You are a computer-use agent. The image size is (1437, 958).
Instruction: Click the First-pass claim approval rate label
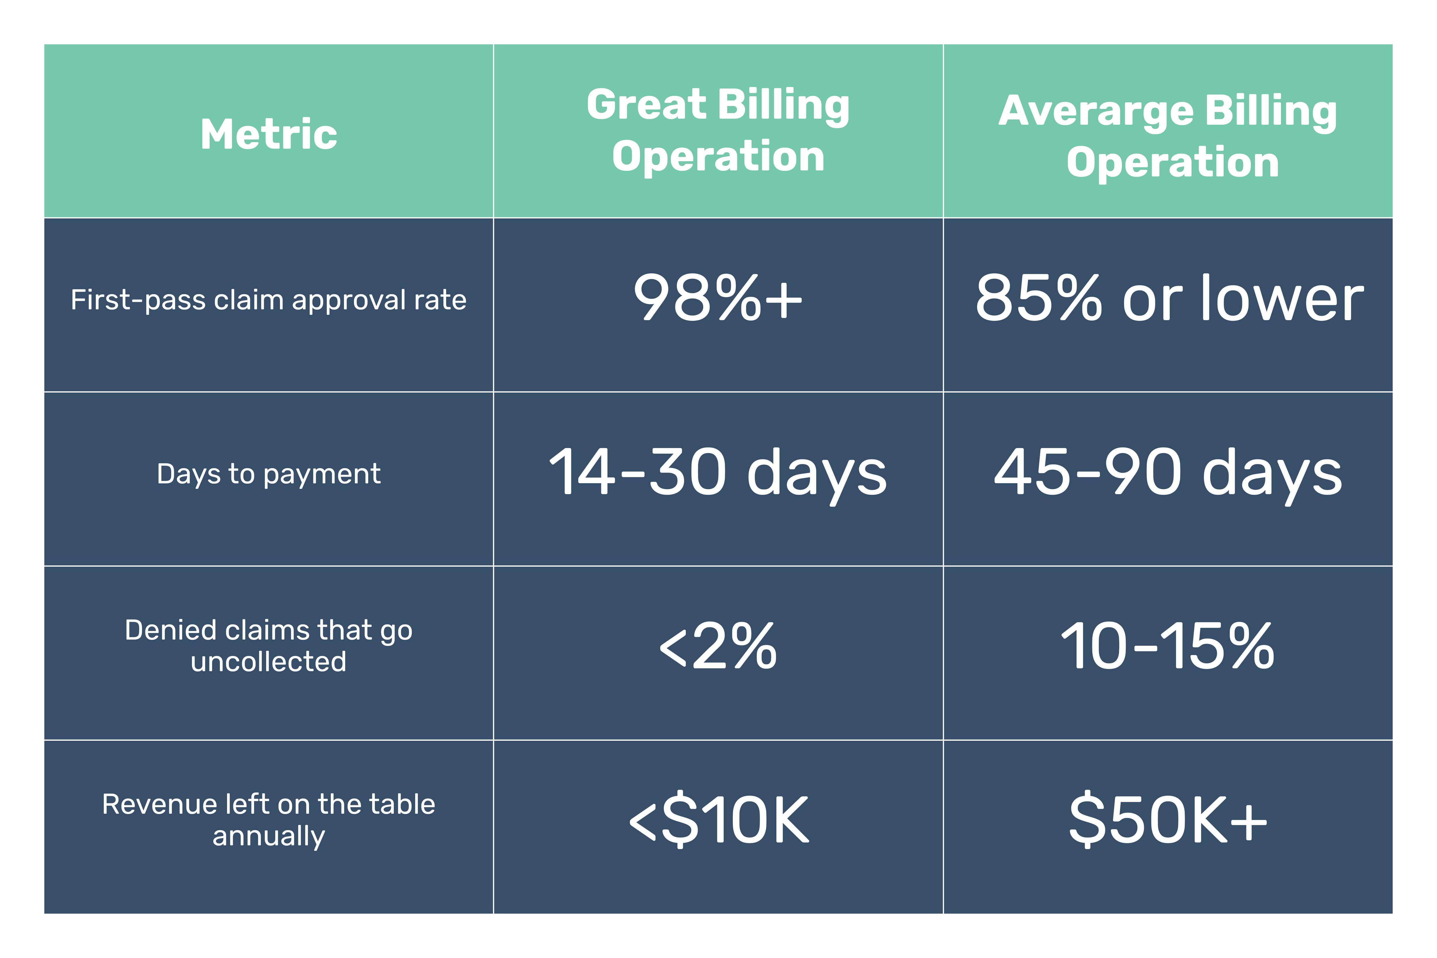[269, 300]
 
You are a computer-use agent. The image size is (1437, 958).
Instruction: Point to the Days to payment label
[269, 474]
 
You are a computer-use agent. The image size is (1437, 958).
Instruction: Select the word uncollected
[269, 662]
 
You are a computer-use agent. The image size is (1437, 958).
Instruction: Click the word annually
[269, 836]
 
